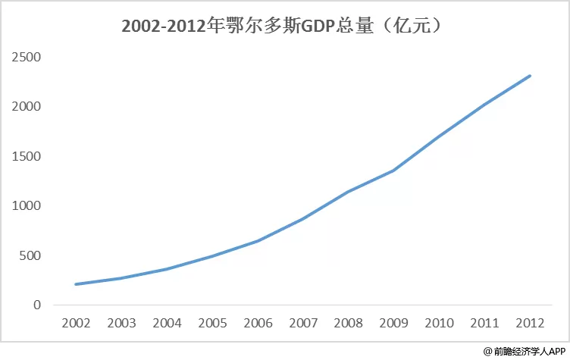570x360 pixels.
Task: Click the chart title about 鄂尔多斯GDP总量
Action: (282, 27)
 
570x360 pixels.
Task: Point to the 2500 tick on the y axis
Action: (27, 57)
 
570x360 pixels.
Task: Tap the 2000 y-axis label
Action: (27, 107)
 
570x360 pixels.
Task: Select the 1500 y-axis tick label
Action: (27, 156)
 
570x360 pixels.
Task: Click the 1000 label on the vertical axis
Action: (27, 206)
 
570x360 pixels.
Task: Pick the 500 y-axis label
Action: (30, 255)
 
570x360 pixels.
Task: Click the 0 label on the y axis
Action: (37, 305)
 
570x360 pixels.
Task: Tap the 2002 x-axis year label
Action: (76, 323)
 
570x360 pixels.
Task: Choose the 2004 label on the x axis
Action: (167, 323)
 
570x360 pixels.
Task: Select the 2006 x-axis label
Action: (258, 323)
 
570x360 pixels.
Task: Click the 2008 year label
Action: (348, 323)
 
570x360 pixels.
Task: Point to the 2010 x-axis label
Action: (439, 323)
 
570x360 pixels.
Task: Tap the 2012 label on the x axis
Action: (530, 323)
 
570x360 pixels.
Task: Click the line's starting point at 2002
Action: (76, 284)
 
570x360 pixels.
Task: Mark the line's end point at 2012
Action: (530, 76)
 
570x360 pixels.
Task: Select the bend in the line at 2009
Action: (393, 171)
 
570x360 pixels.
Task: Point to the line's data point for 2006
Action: (258, 241)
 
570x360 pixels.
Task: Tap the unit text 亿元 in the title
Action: (412, 27)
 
